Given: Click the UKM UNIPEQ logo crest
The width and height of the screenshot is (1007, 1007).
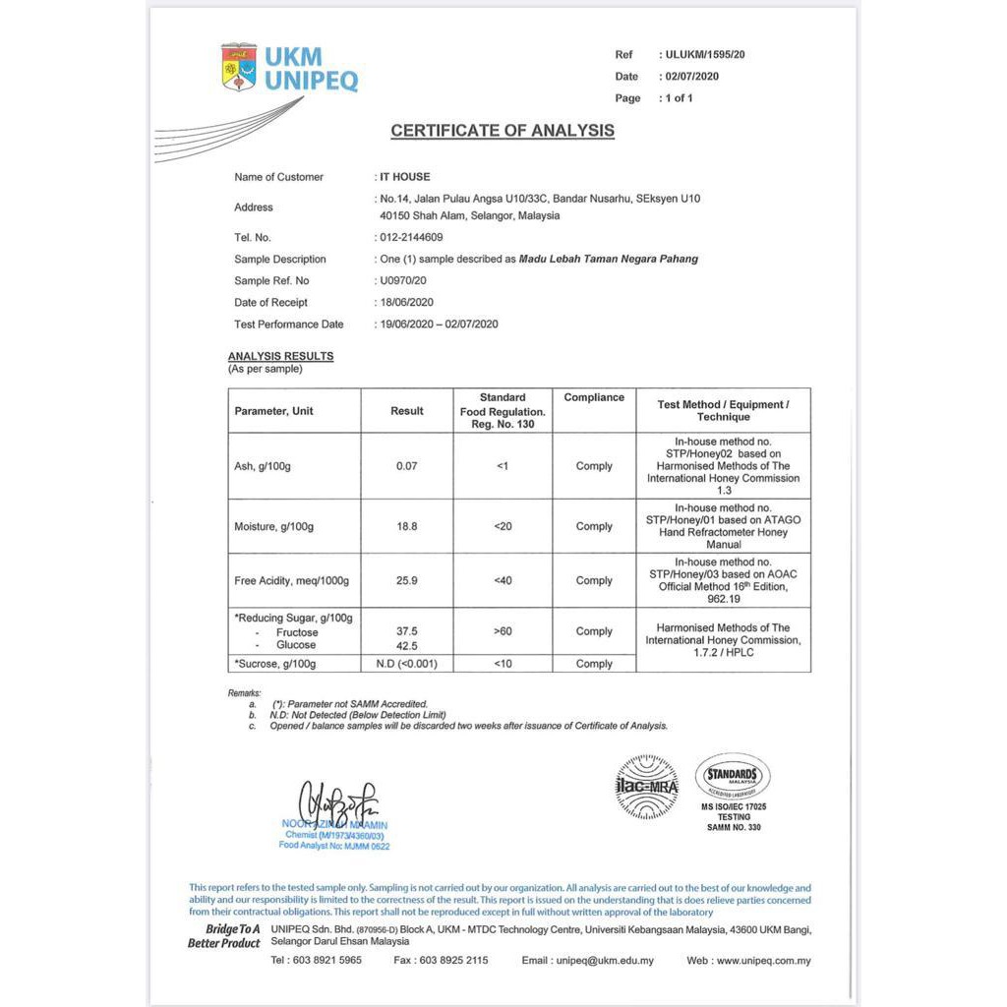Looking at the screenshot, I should pos(239,67).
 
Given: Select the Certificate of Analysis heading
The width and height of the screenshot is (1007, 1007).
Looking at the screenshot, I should pos(503,131).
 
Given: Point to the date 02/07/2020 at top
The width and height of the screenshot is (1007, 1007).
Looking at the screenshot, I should pos(692,77).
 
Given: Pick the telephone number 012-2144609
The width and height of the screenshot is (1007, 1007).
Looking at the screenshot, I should pos(411,237).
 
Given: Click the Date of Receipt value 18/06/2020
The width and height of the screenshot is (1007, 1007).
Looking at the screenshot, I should pos(406,303).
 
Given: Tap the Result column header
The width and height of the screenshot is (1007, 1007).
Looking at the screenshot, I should pos(407,411).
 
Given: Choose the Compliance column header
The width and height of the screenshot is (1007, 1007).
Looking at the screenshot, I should pos(594,398).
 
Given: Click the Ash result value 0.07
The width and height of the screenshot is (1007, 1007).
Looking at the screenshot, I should pos(407,466).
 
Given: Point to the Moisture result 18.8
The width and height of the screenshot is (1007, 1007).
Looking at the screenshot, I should pos(407,527).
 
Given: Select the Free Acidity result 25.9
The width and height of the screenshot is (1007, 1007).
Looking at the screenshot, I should pos(407,581).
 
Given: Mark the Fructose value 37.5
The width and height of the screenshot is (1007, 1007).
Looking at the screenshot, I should pos(407,632).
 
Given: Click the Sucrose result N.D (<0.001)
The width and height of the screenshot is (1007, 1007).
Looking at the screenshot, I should pos(407,664).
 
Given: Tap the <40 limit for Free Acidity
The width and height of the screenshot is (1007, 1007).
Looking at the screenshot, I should pos(503,581).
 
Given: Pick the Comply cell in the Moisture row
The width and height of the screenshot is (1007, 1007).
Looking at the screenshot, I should pos(594,527).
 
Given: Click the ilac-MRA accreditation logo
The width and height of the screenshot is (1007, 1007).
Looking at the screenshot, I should pos(647,787).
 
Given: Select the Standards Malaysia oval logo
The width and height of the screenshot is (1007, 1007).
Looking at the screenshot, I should pos(733,776).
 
